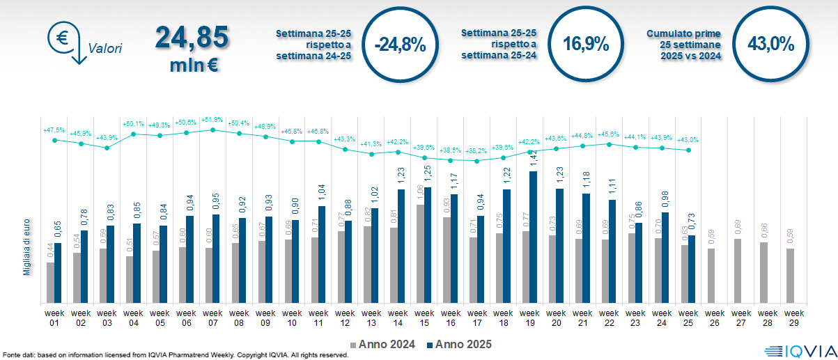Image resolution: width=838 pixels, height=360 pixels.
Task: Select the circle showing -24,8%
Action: [399, 45]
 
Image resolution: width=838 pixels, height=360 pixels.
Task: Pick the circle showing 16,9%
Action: [586, 45]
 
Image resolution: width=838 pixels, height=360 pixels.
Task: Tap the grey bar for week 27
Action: [738, 271]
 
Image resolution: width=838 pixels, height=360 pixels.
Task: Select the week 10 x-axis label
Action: [293, 318]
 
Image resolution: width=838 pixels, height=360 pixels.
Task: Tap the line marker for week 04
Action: [133, 134]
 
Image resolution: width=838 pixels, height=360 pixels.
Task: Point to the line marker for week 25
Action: [688, 150]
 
